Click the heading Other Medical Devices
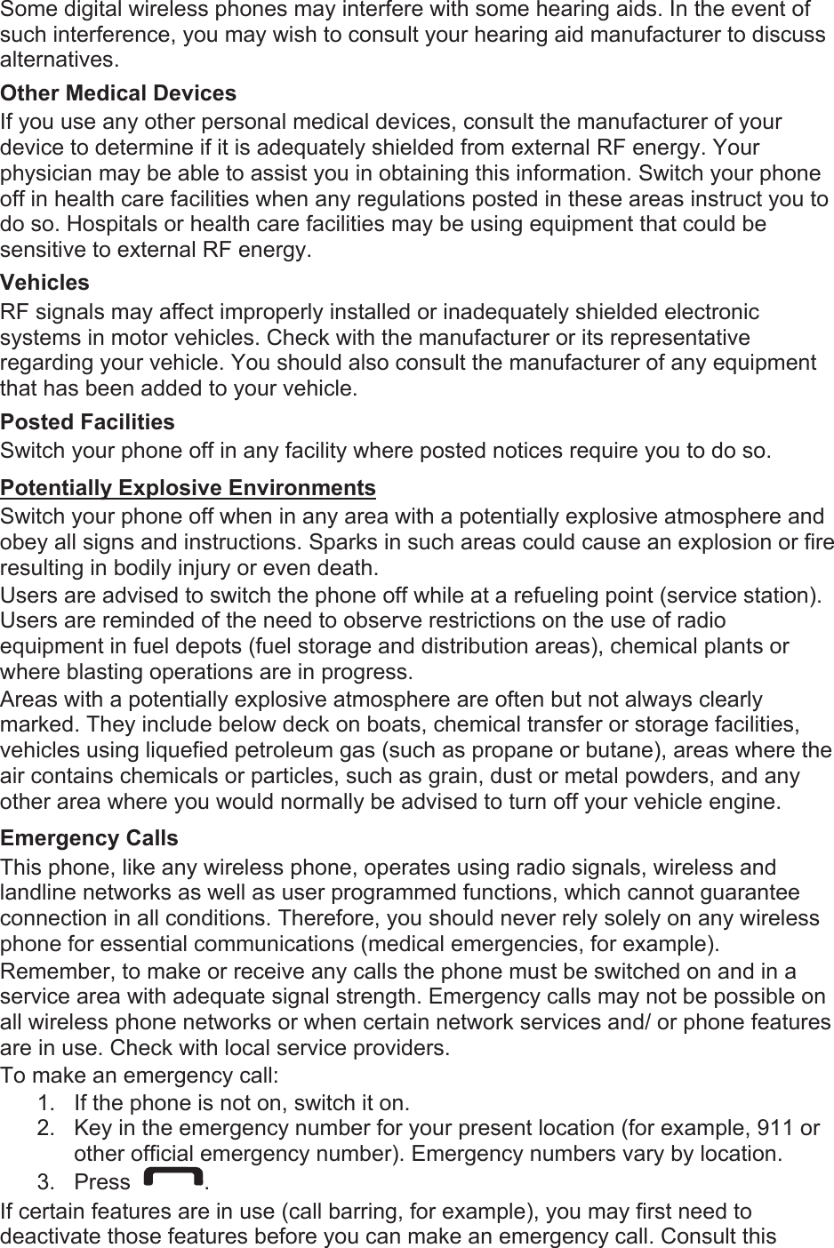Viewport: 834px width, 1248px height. [118, 93]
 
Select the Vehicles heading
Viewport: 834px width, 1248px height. [45, 283]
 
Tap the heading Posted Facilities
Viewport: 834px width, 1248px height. [87, 421]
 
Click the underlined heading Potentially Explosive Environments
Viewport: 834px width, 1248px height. [188, 488]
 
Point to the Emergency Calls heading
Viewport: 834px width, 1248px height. [89, 838]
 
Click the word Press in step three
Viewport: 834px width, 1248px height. [102, 1182]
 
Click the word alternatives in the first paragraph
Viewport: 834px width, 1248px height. [59, 60]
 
